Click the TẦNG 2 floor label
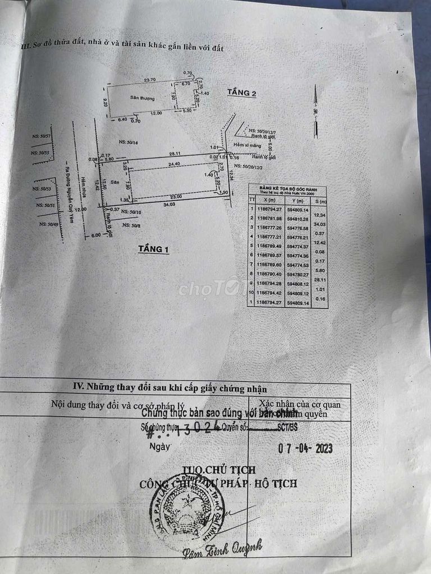click(x=242, y=92)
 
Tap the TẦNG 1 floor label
click(x=154, y=249)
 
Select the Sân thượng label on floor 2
click(x=143, y=98)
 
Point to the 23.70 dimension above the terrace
click(x=149, y=80)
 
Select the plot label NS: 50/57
click(x=42, y=136)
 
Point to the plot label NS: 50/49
click(x=49, y=224)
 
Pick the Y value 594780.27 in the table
click(x=297, y=275)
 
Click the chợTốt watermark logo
click(x=209, y=289)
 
